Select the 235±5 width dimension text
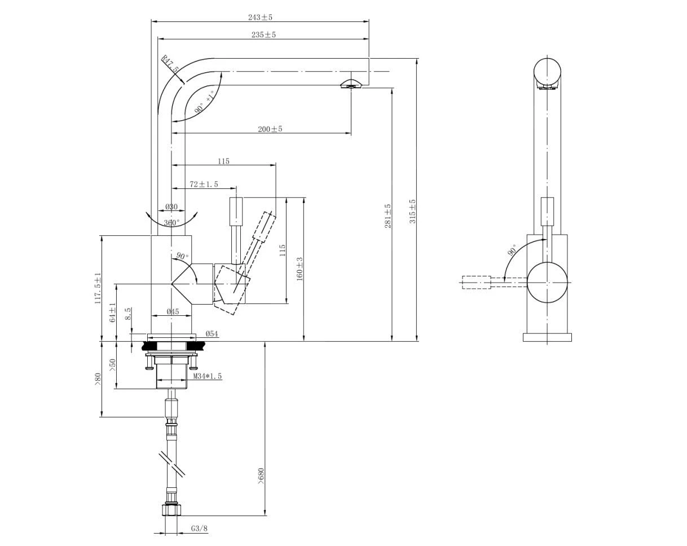tap(264, 35)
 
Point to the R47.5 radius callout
tap(170, 64)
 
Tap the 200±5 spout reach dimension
tap(270, 129)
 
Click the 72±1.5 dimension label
tap(204, 184)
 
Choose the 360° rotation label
tap(172, 223)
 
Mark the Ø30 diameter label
tap(171, 207)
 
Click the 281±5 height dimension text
tap(388, 216)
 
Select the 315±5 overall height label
tap(412, 212)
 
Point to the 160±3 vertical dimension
tap(300, 268)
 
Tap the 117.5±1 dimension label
tap(98, 288)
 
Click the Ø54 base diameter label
tap(212, 334)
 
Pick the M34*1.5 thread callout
tap(208, 376)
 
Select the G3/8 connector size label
tap(199, 529)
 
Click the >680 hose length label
tap(261, 475)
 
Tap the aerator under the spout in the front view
tap(350, 85)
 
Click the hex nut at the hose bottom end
tap(171, 510)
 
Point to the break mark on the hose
tap(172, 464)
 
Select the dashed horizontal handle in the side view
tap(477, 283)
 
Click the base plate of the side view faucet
tap(547, 337)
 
